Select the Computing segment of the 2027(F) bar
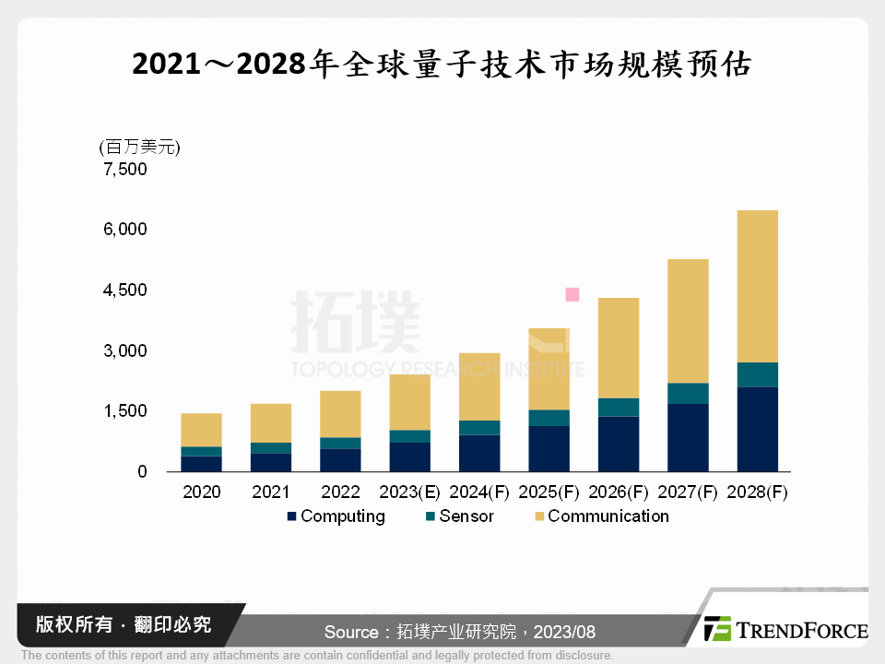tap(688, 438)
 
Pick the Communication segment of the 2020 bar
tap(201, 430)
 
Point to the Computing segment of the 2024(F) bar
tap(479, 453)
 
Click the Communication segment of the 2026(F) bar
tap(618, 348)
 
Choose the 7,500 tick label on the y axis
tap(125, 170)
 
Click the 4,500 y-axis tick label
tap(125, 290)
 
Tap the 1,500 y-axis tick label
tap(125, 411)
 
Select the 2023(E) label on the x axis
tap(408, 492)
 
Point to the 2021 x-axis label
tap(271, 492)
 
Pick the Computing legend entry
tap(336, 516)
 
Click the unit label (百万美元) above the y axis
tap(138, 147)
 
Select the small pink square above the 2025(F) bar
tap(572, 294)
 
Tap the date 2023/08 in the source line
tap(563, 633)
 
